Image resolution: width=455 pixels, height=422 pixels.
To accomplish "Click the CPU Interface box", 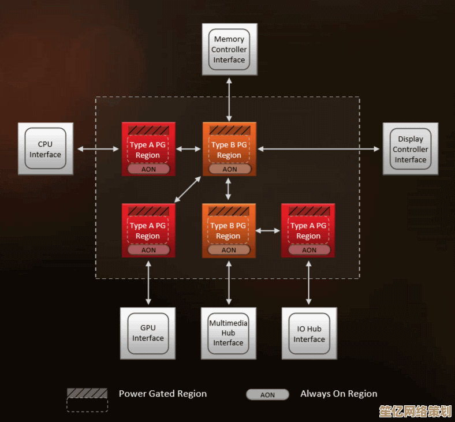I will point(46,149).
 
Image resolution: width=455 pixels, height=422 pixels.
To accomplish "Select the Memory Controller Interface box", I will point(229,49).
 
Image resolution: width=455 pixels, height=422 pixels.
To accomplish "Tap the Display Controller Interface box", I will point(411,149).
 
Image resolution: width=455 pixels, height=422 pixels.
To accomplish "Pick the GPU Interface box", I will point(148,333).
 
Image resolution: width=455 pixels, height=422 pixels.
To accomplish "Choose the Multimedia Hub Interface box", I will point(228,333).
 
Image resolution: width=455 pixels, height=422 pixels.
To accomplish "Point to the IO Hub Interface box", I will point(309,333).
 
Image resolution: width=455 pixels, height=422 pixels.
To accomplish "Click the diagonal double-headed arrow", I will point(188,189).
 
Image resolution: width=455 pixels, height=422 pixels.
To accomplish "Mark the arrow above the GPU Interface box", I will point(148,282).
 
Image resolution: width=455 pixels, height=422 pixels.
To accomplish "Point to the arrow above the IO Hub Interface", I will point(308,282).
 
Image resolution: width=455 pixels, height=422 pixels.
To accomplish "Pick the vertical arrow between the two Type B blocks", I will point(229,189).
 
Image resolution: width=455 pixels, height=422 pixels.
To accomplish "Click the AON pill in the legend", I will point(267,395).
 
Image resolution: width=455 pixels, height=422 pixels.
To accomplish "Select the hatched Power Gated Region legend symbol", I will point(87,393).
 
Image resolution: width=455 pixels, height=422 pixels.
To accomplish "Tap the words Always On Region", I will point(338,394).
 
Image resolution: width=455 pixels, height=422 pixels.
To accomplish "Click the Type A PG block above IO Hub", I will point(308,230).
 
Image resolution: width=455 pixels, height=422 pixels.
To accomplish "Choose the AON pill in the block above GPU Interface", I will point(148,250).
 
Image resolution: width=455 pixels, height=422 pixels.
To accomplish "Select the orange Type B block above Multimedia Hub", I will point(229,230).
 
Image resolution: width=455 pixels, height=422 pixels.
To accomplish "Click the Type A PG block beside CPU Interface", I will point(148,149).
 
